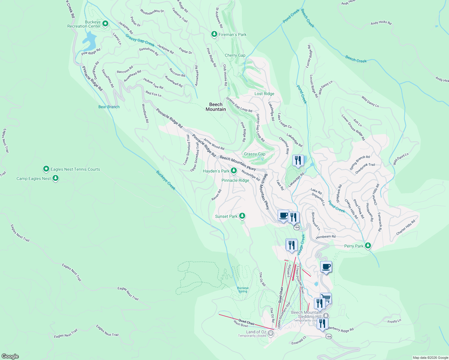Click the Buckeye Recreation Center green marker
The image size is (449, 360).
point(105,23)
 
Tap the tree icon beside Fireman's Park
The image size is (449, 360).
point(214,34)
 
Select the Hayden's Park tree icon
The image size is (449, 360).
point(234,171)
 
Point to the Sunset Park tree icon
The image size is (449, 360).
point(242,216)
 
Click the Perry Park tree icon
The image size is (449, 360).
point(368,246)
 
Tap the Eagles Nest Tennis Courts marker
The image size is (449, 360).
point(46,169)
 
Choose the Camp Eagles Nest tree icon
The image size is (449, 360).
point(55,178)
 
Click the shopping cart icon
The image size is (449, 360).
point(326,298)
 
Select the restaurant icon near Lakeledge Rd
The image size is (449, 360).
point(298,160)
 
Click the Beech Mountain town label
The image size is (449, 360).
point(216,107)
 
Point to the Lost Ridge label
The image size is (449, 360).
point(264,94)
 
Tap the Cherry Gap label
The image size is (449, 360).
point(235,55)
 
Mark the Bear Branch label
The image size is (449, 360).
point(109,107)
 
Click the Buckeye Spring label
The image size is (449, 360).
point(243,289)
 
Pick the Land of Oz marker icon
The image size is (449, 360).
point(271,333)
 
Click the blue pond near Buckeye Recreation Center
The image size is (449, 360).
point(89,41)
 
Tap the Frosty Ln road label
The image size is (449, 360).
point(394,321)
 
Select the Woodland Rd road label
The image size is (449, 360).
point(145,113)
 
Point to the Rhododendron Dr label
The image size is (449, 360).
point(152,11)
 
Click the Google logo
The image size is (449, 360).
point(10,356)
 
